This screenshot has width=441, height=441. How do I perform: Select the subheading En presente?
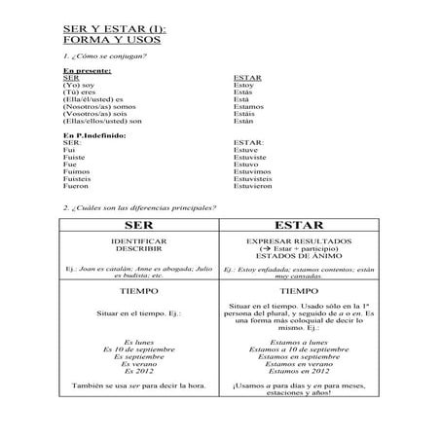[x=88, y=71]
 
